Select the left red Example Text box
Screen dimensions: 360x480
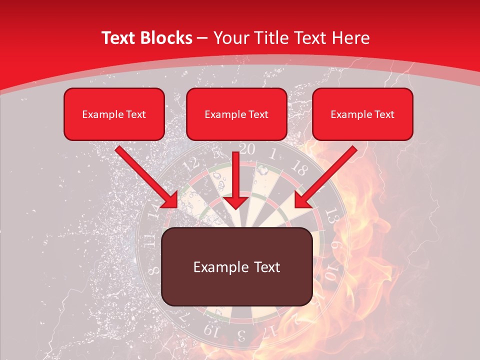[x=114, y=114]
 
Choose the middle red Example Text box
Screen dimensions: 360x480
[x=236, y=114]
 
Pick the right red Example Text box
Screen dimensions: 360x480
[x=362, y=114]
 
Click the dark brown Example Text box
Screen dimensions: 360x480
[x=237, y=267]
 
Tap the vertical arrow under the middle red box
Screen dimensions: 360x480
[x=236, y=182]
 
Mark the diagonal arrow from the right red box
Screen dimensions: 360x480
[x=325, y=177]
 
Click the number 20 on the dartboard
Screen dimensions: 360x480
[x=246, y=148]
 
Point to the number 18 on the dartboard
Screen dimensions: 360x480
[x=299, y=169]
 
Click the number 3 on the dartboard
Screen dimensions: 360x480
[x=241, y=334]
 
